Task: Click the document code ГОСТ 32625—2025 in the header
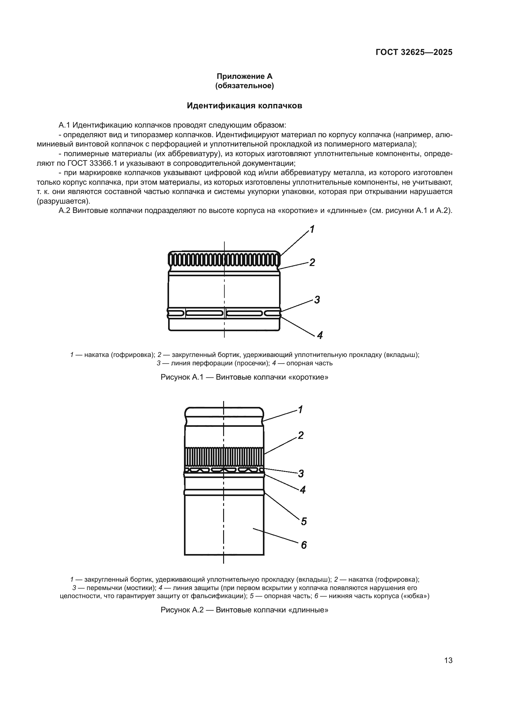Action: [x=414, y=52]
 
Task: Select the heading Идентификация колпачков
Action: [x=244, y=106]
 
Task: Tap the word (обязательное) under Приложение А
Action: [x=244, y=86]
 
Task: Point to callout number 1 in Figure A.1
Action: [x=312, y=229]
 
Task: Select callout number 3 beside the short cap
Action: [x=317, y=300]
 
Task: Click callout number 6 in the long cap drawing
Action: [x=304, y=545]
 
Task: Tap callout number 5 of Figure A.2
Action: [x=304, y=521]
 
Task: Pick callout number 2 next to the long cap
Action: [x=301, y=435]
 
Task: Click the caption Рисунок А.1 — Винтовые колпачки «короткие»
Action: [x=244, y=377]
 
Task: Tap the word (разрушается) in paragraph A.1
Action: [x=64, y=201]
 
